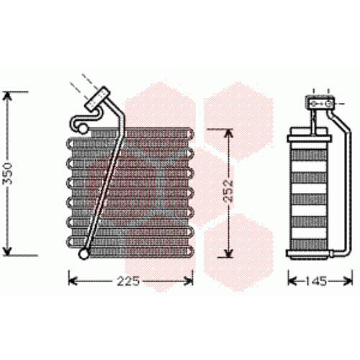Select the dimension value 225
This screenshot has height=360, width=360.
[x=128, y=281]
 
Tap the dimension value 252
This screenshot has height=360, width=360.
[x=228, y=191]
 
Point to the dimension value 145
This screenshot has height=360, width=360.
[x=317, y=281]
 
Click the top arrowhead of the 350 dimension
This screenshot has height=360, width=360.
[x=8, y=96]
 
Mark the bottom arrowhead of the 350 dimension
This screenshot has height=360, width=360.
[x=7, y=251]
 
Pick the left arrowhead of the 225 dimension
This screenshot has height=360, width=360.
[x=73, y=281]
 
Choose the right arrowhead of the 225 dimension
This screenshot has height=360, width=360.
[x=189, y=281]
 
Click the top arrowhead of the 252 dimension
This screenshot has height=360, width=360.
[x=228, y=133]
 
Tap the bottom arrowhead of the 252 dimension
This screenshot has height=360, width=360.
[x=228, y=253]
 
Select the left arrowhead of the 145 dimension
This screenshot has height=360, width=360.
[x=292, y=281]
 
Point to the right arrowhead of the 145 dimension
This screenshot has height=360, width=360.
[x=348, y=281]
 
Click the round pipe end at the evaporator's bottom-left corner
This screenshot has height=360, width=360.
[x=84, y=254]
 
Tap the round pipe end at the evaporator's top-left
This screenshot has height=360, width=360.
[x=83, y=130]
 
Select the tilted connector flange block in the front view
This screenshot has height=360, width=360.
[x=97, y=99]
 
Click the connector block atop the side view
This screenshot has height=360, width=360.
[x=320, y=103]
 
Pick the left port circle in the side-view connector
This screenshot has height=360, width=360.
[x=314, y=104]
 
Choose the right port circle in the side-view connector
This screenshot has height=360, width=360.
[x=328, y=104]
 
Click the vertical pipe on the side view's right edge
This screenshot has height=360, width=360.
[x=348, y=192]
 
